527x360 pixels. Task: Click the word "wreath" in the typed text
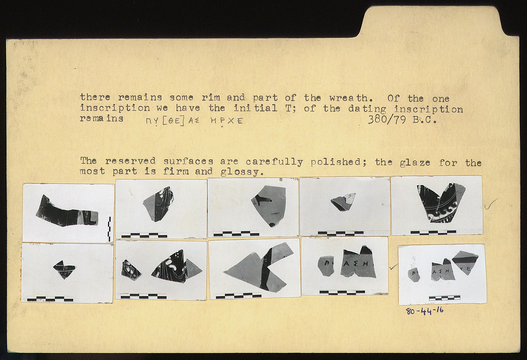click(348, 98)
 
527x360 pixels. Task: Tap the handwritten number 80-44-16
click(425, 311)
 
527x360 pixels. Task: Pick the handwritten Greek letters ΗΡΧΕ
click(226, 121)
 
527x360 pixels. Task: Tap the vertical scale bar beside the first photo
click(109, 229)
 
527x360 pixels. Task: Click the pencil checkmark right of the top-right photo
click(491, 204)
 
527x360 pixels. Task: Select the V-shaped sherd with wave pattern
click(441, 203)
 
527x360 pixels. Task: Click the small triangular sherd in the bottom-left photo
click(64, 269)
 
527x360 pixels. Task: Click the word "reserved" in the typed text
click(130, 161)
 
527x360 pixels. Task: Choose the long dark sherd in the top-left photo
click(67, 211)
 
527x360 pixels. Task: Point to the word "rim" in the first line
click(210, 98)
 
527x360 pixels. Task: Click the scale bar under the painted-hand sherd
click(236, 233)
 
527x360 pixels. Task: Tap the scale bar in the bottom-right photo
click(444, 298)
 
